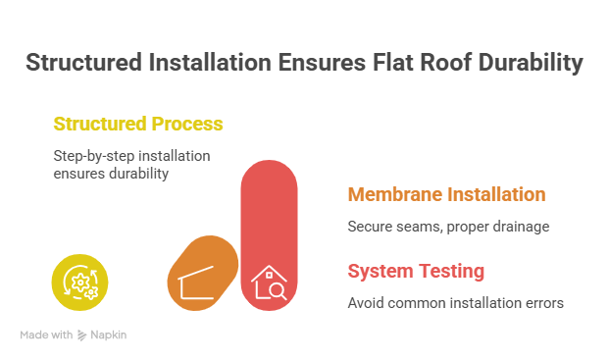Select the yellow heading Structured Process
137,125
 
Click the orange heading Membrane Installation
446,194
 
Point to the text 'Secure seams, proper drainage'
448,227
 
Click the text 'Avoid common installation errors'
455,302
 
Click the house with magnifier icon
268,283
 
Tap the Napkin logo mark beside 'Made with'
82,335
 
